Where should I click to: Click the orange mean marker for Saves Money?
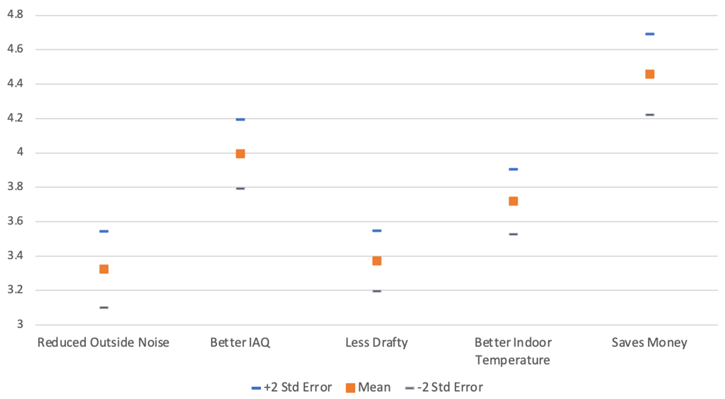[650, 74]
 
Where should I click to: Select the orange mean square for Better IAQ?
[240, 154]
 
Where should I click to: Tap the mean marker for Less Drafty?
[377, 261]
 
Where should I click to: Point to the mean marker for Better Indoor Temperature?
[513, 201]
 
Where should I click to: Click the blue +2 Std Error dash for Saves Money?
[650, 34]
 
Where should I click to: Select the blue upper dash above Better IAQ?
[240, 119]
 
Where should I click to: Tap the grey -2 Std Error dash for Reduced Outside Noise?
[104, 308]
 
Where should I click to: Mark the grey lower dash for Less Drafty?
[377, 291]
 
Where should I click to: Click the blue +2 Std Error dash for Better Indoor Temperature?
[513, 169]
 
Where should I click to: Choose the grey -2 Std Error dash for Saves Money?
[650, 115]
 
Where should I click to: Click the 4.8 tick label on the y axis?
[15, 14]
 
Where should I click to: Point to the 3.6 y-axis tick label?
[15, 221]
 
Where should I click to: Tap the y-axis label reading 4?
[20, 152]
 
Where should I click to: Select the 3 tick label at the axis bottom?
[20, 324]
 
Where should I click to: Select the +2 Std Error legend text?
[298, 387]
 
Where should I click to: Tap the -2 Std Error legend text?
[450, 387]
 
